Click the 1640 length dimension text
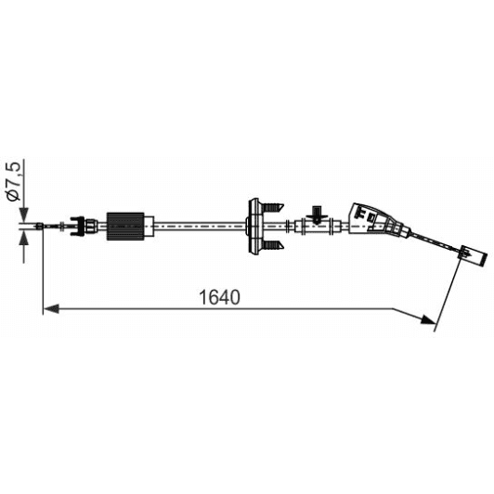point(219,298)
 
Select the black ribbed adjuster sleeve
point(126,225)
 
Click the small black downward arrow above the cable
point(315,213)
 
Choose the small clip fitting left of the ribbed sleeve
point(88,224)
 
